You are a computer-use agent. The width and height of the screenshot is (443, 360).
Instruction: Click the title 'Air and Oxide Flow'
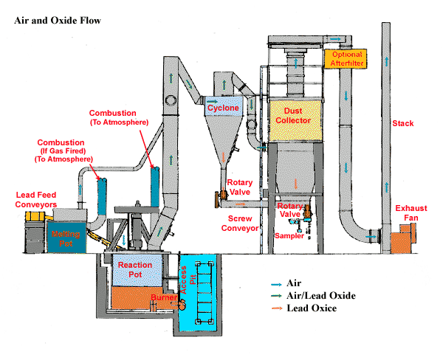(x=57, y=20)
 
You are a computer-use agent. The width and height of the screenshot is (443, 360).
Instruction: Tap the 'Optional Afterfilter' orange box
(x=346, y=60)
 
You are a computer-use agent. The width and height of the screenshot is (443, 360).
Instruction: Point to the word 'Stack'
(x=403, y=123)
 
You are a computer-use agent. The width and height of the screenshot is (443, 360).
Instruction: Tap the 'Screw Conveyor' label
(x=241, y=224)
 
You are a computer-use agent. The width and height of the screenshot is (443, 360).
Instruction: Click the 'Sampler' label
(x=289, y=235)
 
